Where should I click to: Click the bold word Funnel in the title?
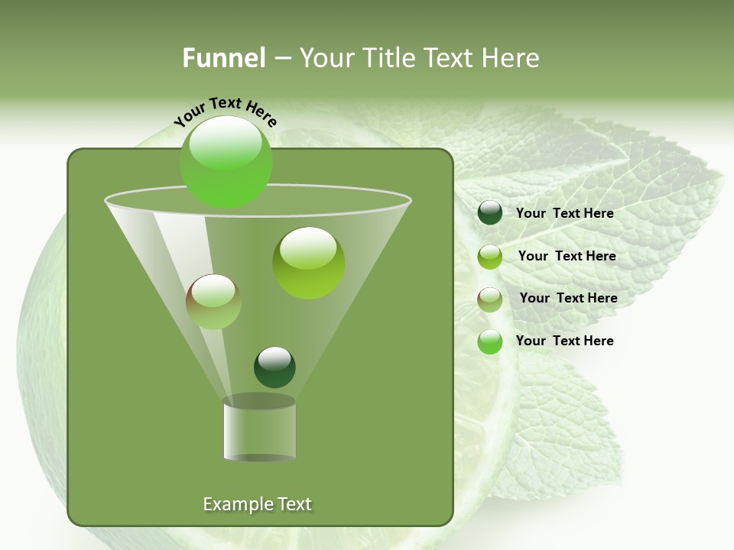coord(223,58)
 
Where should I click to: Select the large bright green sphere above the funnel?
coord(226,161)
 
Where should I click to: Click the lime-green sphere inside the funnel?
coord(308,262)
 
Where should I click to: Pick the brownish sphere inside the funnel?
coord(213,302)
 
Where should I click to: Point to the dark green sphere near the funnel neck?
coord(274,367)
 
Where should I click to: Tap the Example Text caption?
coord(257,504)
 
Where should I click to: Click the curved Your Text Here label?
coord(226,112)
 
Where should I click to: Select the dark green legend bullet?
coord(490,213)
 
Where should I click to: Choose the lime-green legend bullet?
coord(490,257)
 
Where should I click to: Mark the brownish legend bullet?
coord(490,299)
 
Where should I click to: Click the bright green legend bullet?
coord(490,341)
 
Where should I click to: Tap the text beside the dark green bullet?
coord(564,214)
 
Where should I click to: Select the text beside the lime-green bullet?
coord(567,257)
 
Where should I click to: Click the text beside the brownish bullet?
coord(568,299)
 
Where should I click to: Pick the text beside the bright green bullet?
coord(564,341)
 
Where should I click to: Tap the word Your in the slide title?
coord(323,58)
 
